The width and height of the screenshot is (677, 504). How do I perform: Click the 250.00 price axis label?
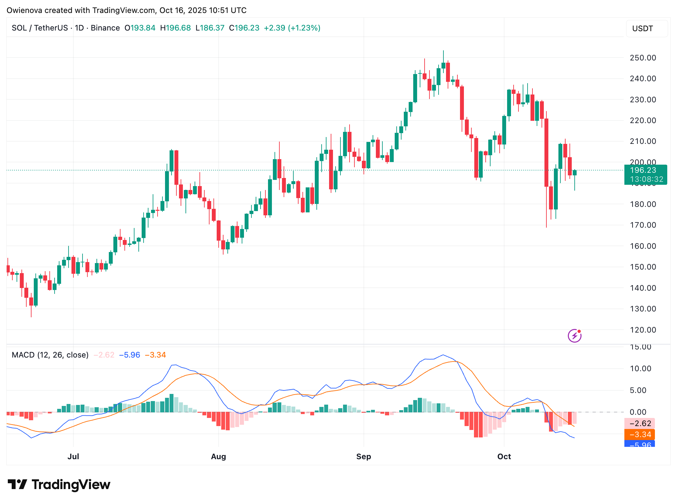[x=643, y=58]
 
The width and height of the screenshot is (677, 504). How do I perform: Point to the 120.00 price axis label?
[x=643, y=330]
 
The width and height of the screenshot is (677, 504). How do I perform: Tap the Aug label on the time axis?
[x=218, y=457]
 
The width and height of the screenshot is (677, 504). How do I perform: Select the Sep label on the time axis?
[x=364, y=457]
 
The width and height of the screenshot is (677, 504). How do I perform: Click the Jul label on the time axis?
[x=73, y=457]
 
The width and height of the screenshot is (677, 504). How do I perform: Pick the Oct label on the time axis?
[x=504, y=457]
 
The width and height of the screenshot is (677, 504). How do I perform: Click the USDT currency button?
[x=643, y=29]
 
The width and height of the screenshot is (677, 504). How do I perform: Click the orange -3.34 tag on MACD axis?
[x=639, y=435]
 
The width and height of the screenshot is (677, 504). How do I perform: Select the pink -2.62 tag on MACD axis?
[x=639, y=423]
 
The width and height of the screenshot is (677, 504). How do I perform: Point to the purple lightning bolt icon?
[x=574, y=336]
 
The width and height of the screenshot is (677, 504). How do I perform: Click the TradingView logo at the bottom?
[x=59, y=485]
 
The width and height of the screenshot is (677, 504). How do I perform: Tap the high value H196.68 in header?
[x=175, y=28]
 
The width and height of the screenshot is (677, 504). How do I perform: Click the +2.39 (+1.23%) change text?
[x=292, y=28]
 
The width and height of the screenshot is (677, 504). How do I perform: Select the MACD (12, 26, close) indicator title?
[x=50, y=355]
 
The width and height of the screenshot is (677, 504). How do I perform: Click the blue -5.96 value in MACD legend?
[x=130, y=355]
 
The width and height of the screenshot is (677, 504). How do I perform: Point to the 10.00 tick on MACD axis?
[x=640, y=369]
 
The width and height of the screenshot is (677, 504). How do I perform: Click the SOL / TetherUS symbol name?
[x=40, y=28]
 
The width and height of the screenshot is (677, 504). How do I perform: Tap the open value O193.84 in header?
[x=140, y=28]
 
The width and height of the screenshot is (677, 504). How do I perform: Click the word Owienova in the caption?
[x=24, y=10]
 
